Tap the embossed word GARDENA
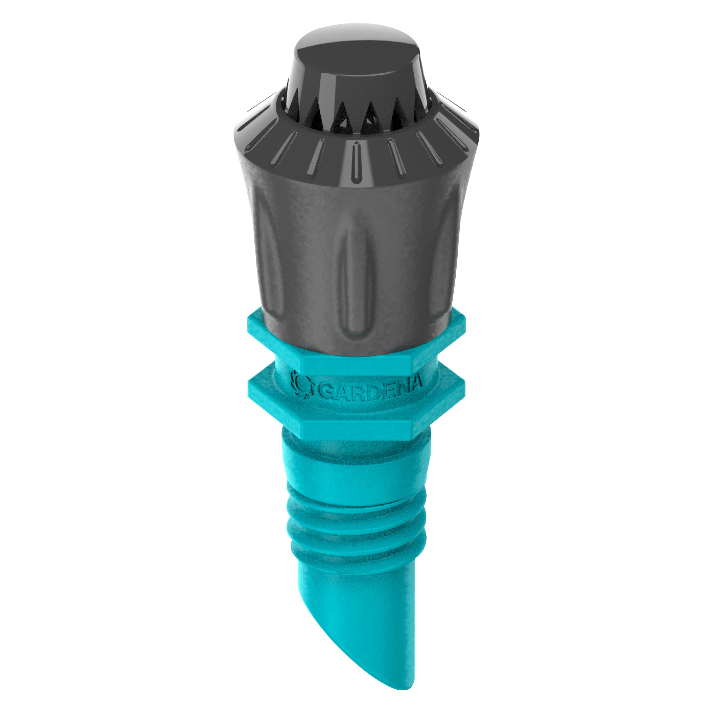point(369,388)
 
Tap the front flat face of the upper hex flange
point(356,364)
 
